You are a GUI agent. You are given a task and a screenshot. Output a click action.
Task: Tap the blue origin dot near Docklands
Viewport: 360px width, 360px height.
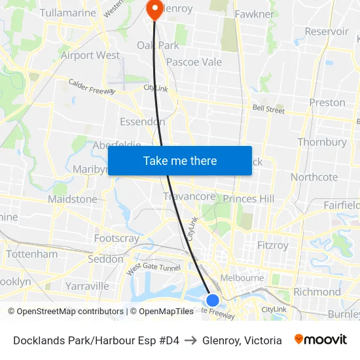[x=213, y=300]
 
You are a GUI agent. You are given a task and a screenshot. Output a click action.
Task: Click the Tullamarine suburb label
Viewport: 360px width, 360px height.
[x=67, y=12]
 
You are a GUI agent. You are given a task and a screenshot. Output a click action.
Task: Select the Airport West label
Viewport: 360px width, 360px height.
[x=90, y=56]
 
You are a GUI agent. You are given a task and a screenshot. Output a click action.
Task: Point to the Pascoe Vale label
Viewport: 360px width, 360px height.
[x=194, y=62]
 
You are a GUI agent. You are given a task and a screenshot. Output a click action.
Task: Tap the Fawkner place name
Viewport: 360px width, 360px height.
[x=255, y=14]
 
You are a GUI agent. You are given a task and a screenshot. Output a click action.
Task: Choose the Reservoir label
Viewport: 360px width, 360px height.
[x=327, y=31]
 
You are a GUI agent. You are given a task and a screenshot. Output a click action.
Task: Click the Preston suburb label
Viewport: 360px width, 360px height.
[x=327, y=102]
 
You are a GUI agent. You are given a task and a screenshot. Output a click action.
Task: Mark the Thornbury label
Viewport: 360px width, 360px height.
[x=322, y=142]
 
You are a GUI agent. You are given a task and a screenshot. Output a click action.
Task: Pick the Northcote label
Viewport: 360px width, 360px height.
[x=314, y=177]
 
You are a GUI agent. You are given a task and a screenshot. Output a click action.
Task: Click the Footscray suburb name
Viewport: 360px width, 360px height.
[x=117, y=238]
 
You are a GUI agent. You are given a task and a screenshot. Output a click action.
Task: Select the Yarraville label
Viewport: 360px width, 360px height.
[x=87, y=285]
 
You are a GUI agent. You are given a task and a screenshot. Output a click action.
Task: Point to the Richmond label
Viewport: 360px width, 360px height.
[x=317, y=292]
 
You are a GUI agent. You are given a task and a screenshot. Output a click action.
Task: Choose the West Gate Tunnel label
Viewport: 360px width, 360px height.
[x=153, y=268]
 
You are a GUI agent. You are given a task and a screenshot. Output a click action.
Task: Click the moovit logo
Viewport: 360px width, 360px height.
[x=321, y=340]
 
